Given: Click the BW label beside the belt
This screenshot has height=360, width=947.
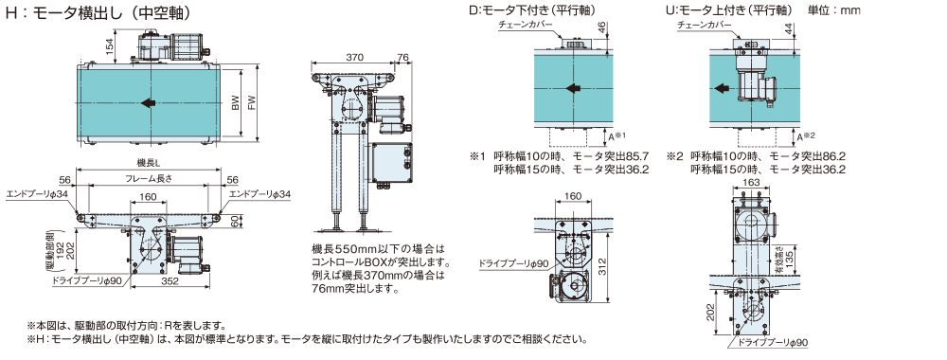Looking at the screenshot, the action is coord(236,103).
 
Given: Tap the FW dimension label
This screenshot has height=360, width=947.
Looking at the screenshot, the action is coord(252,103).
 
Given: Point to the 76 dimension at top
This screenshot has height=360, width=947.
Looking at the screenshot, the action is coord(403,58).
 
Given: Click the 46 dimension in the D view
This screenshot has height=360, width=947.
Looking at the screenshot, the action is coord(601,27).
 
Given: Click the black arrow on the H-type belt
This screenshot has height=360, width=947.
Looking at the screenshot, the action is coord(148,102).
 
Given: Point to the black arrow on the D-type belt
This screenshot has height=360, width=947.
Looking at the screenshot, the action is coord(573,89).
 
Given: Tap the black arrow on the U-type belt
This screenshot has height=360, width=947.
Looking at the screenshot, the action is coord(721,89).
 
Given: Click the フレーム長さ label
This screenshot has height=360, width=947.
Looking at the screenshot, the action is coord(148,179).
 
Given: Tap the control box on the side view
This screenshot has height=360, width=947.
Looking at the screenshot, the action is coord(393,163).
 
